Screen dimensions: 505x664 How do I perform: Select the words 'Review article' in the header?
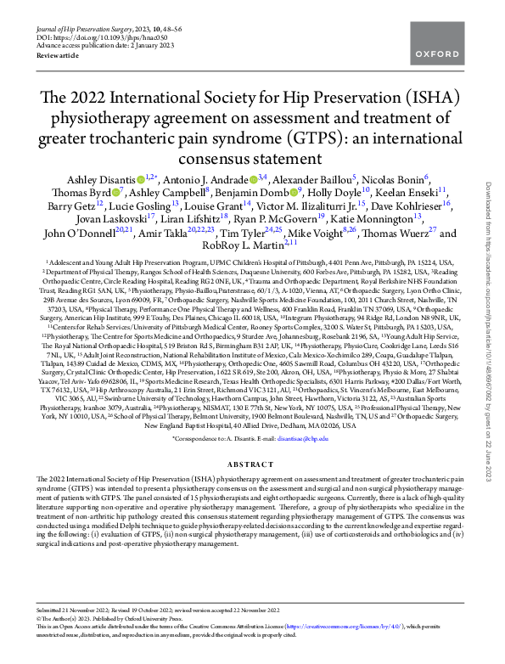(56, 54)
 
